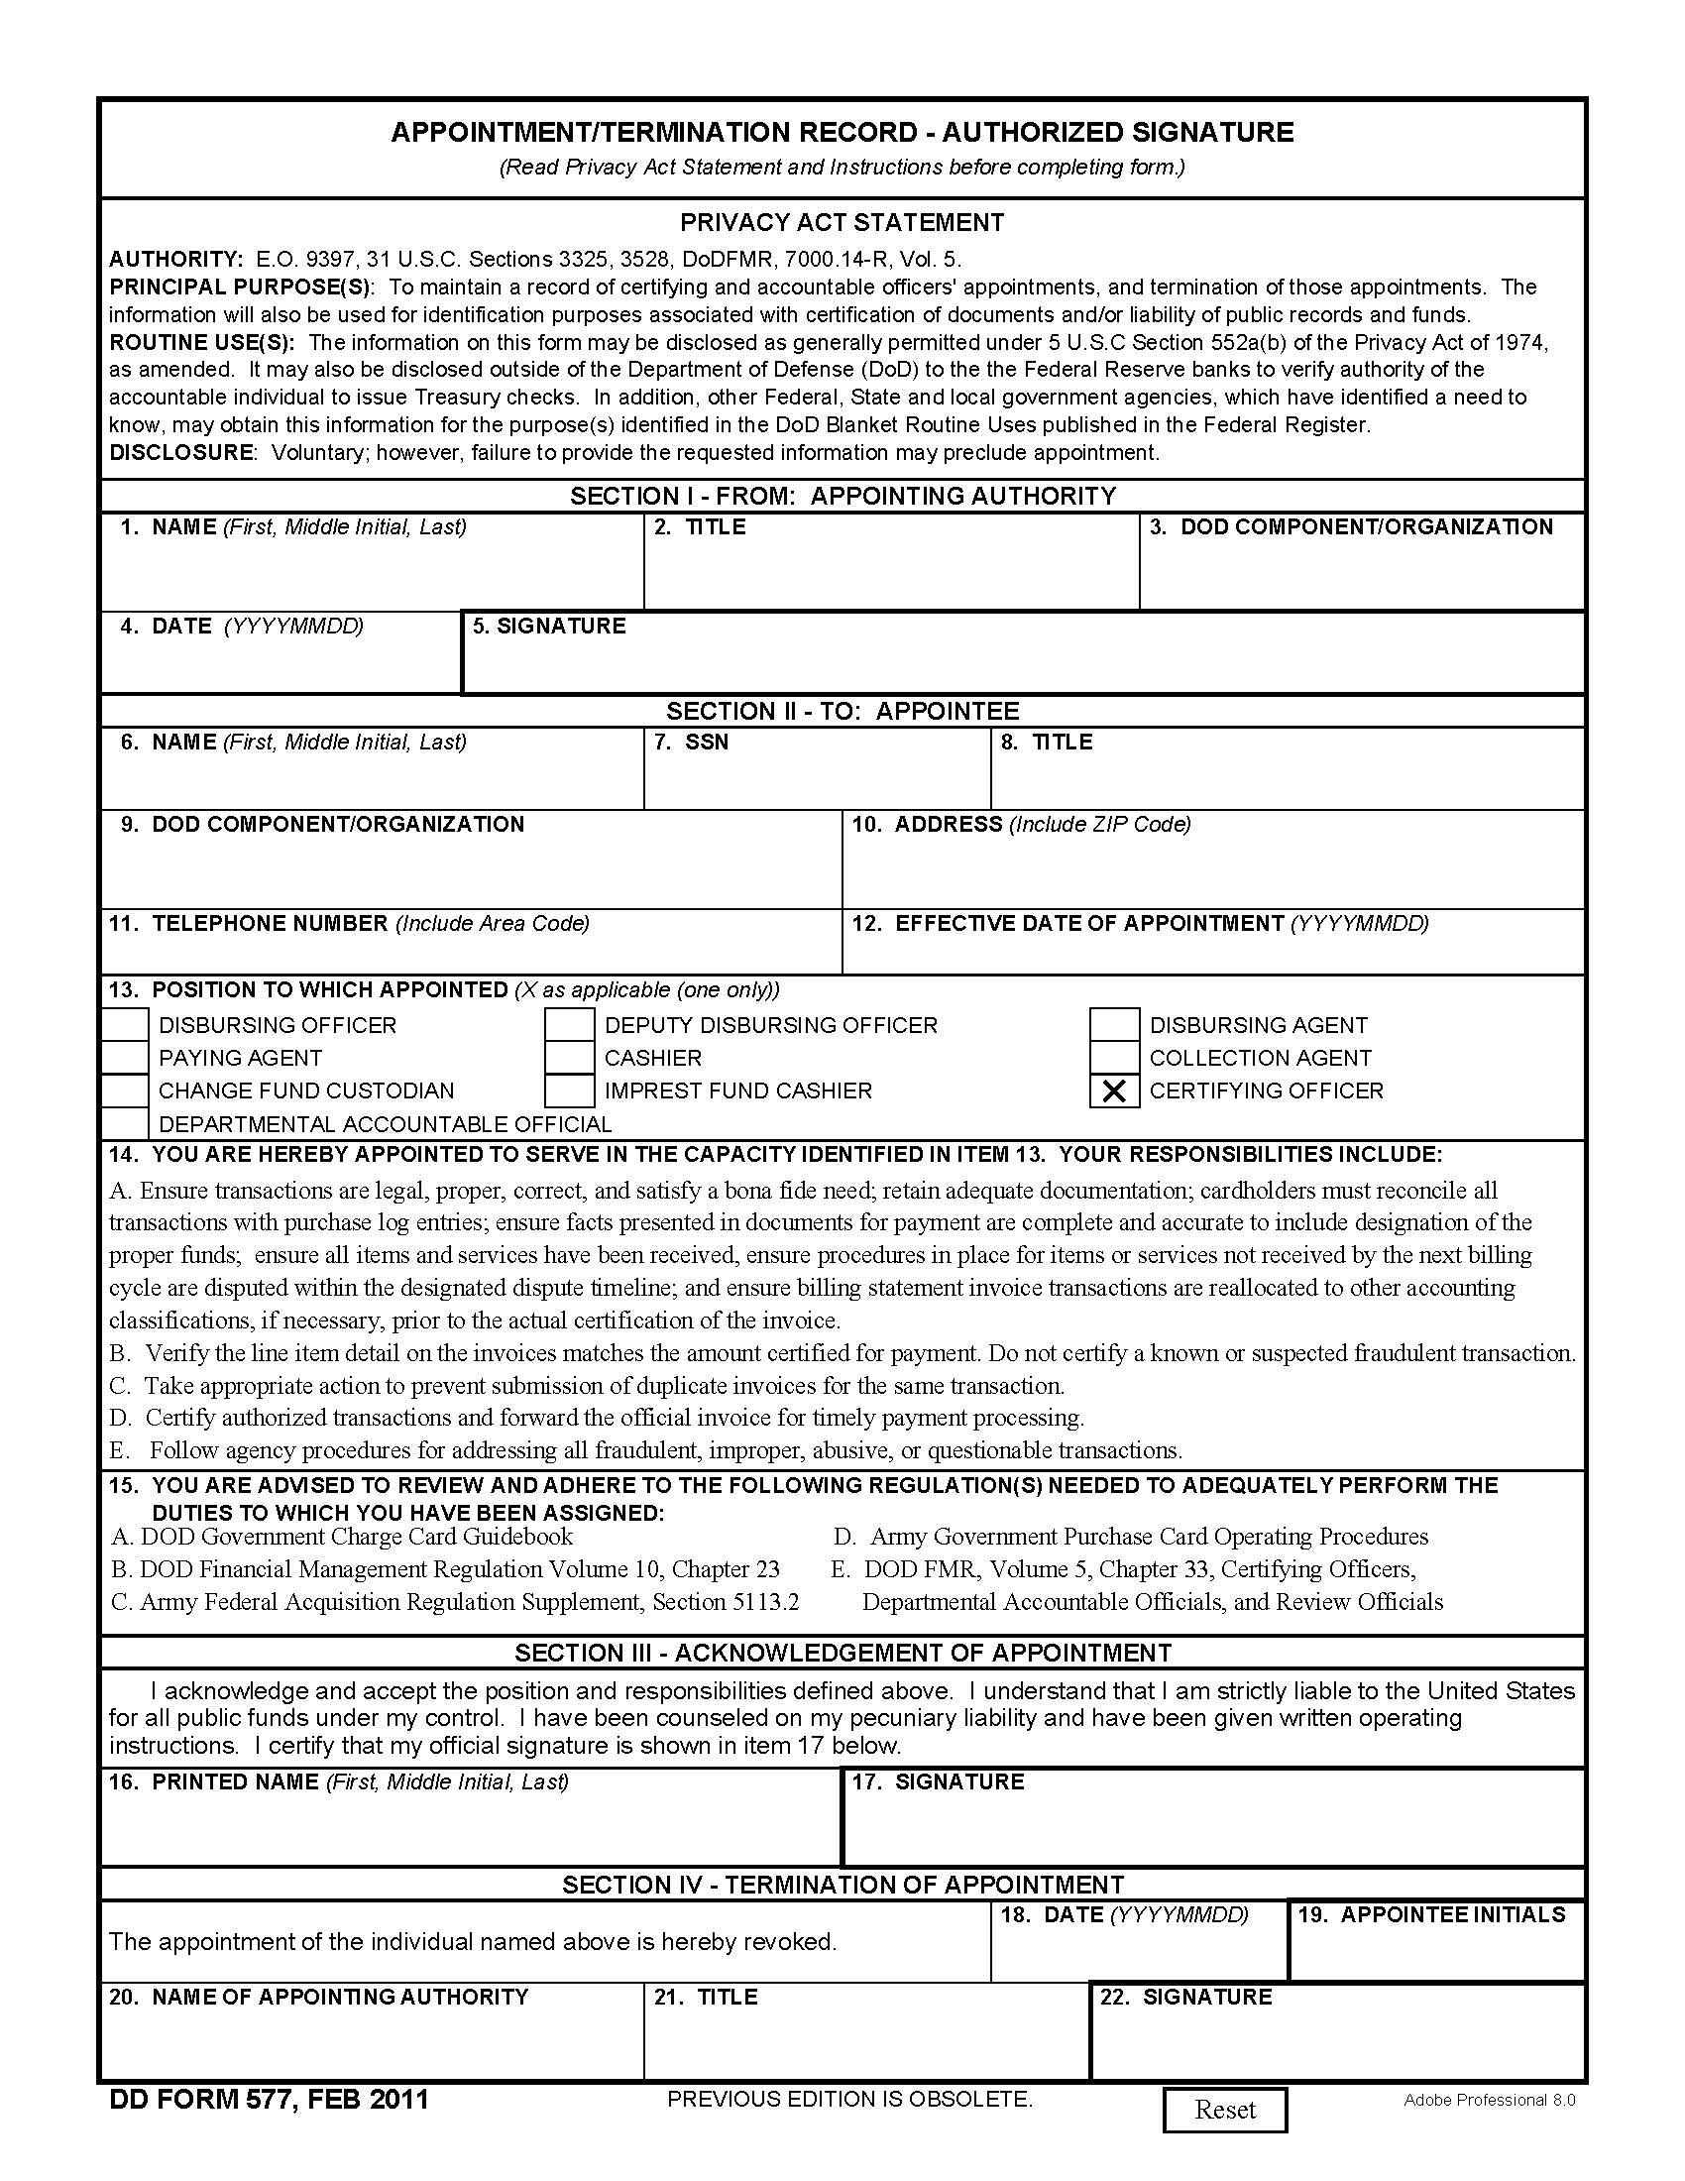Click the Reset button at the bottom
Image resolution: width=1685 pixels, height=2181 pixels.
pos(1225,2109)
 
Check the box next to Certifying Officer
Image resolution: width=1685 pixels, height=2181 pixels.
pos(1114,1091)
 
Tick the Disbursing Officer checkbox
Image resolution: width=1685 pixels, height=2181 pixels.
pos(126,1026)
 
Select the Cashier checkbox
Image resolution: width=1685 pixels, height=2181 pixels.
pos(570,1059)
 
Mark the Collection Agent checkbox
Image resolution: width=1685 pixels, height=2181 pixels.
pos(1114,1059)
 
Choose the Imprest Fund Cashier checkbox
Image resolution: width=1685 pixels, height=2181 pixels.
pos(570,1091)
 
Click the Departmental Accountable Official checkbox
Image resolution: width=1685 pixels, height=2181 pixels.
pos(126,1124)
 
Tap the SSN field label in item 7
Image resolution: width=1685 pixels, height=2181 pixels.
pos(706,743)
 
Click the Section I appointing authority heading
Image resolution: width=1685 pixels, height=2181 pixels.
pos(842,497)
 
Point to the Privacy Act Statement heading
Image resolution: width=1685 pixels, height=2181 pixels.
pos(842,223)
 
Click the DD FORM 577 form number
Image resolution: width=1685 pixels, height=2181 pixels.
pos(269,2100)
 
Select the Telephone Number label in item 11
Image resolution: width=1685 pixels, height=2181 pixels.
pos(270,924)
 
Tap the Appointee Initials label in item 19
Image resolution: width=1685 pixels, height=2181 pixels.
pos(1452,1915)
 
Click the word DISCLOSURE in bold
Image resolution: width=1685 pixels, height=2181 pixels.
pos(180,452)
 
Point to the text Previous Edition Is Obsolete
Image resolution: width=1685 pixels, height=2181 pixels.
pos(849,2100)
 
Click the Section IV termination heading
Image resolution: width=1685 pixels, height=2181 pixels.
pos(842,1886)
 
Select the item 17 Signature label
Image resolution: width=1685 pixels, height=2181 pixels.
pos(958,1782)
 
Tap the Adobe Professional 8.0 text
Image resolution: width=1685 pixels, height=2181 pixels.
pos(1490,2100)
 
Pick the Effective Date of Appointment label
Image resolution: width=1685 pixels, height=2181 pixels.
pos(1088,924)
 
